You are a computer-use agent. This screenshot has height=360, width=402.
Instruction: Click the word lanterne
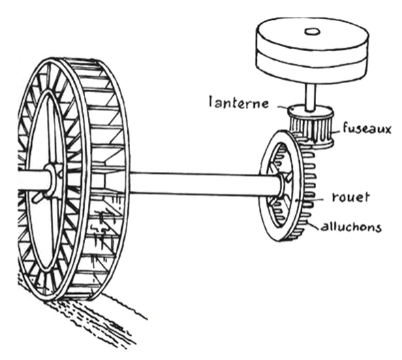click(238, 103)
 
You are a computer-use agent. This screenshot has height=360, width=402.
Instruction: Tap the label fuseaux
click(367, 128)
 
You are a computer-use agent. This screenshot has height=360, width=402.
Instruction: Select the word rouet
click(351, 197)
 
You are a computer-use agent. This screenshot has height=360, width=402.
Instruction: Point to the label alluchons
click(351, 227)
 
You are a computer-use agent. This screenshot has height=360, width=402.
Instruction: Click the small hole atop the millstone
click(312, 31)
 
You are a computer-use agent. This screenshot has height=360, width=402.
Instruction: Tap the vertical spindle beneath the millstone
click(311, 97)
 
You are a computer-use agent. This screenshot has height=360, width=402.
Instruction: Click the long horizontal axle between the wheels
click(202, 183)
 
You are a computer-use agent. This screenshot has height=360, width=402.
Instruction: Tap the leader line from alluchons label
click(315, 226)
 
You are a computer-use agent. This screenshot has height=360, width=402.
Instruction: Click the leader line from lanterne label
click(282, 107)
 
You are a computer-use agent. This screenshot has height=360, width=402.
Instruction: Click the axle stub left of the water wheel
click(33, 179)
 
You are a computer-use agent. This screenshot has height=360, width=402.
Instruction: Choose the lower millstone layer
click(312, 68)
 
